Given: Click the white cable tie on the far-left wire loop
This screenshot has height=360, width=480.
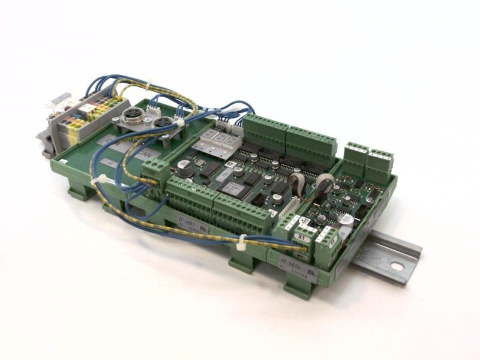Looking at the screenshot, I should tap(104, 180).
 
